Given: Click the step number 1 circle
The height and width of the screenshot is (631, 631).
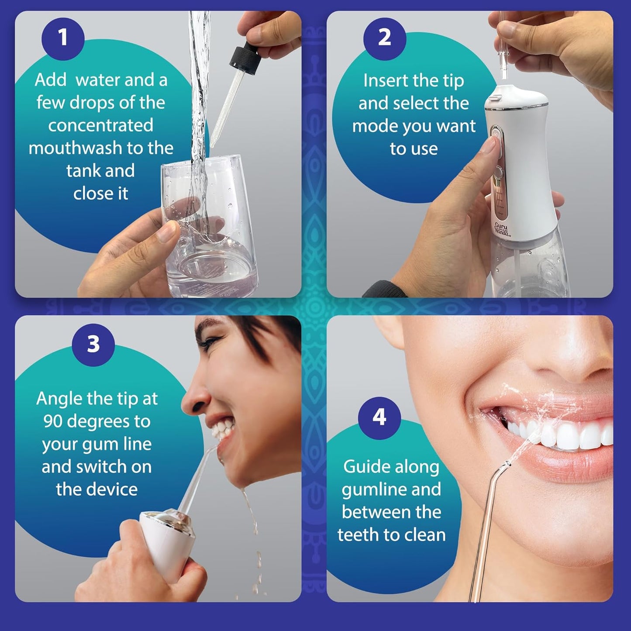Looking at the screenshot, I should (x=63, y=38).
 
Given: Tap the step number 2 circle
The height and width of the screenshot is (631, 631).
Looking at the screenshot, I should (x=384, y=38).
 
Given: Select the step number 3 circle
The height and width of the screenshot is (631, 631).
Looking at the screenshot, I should (x=93, y=344).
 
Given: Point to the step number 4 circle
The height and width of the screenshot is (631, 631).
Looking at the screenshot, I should (x=379, y=418).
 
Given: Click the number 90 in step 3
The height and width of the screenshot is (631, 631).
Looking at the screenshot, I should (x=54, y=421).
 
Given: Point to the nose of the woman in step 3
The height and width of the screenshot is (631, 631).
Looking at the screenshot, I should (x=192, y=396).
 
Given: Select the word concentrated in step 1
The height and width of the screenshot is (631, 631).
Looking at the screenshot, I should (x=101, y=125).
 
